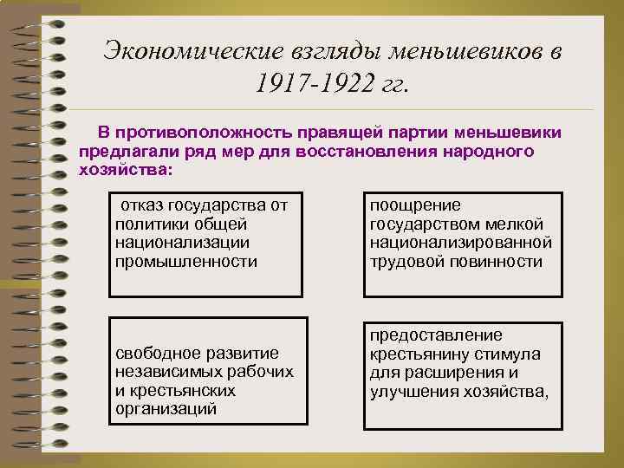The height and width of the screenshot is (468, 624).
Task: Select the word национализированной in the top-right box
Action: (x=459, y=242)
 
